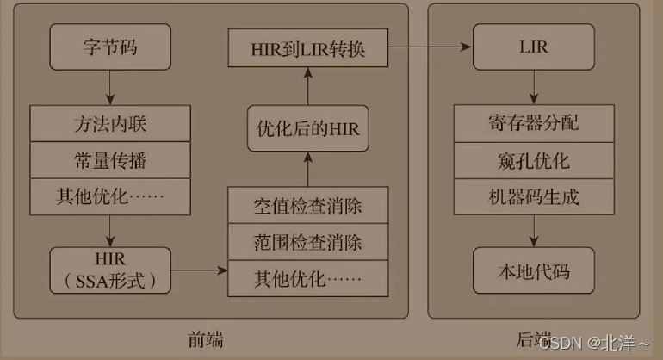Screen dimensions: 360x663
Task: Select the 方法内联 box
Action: coord(109,123)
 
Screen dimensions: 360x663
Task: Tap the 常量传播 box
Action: coord(109,160)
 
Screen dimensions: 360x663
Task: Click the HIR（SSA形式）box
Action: coord(108,270)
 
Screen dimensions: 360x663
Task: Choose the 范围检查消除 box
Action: coord(308,242)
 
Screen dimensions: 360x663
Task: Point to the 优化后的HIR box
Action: coord(308,131)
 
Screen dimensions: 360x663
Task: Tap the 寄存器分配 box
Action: coord(534,123)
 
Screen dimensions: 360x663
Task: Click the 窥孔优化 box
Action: coord(534,160)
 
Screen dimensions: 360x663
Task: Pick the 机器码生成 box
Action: coord(534,196)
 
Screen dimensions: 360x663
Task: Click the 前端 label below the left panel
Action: coord(206,340)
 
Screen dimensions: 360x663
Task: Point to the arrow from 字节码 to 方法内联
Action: coord(109,87)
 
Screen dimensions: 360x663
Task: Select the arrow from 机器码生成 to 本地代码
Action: coord(534,230)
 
